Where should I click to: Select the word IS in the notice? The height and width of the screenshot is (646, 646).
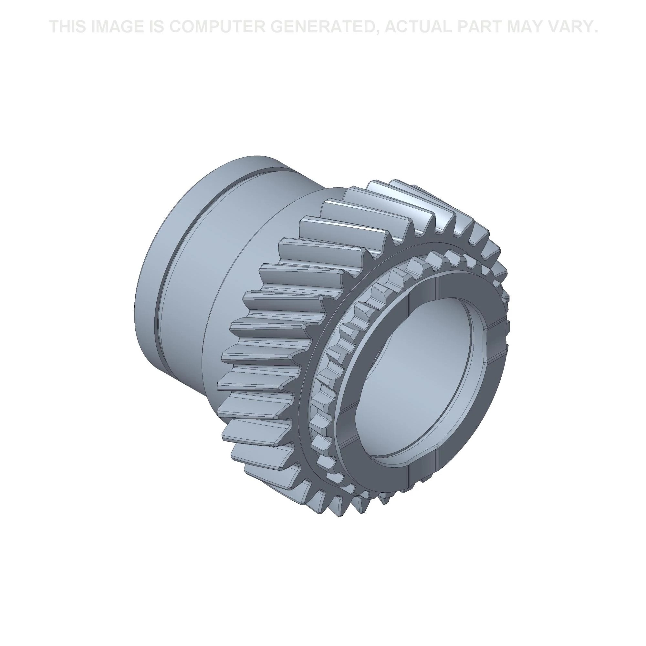[155, 27]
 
